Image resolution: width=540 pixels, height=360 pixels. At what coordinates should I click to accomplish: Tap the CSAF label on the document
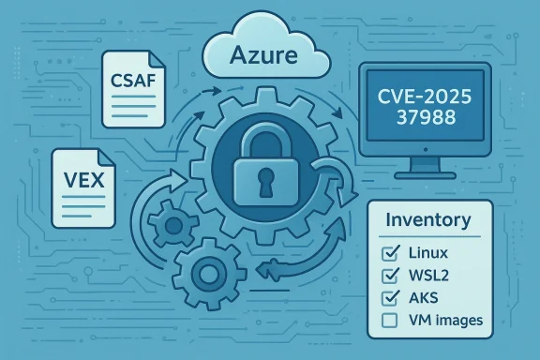click(x=134, y=79)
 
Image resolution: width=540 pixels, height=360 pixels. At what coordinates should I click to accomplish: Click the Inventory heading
click(x=427, y=221)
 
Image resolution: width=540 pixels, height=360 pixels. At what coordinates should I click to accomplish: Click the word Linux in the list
click(x=429, y=254)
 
